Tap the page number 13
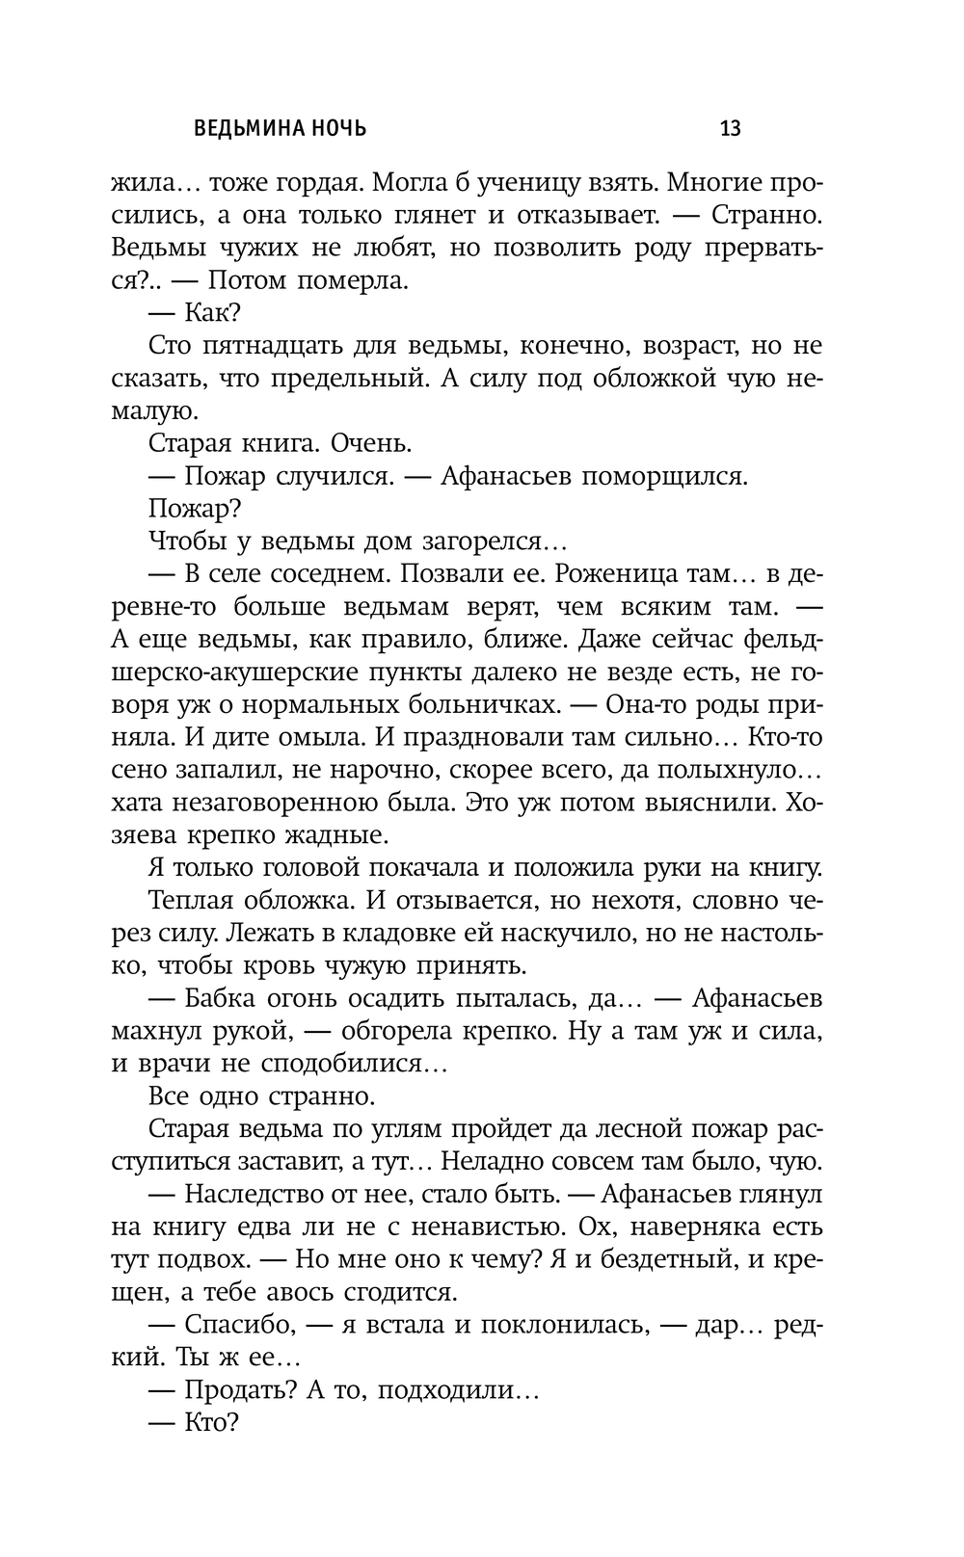[x=731, y=128]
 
